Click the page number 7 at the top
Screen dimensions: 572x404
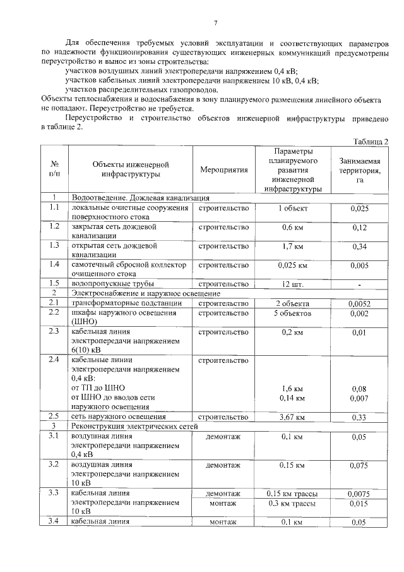point(215,23)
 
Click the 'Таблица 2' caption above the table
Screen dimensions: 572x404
point(371,141)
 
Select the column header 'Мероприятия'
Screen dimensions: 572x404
point(223,170)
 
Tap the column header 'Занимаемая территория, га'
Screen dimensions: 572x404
point(359,170)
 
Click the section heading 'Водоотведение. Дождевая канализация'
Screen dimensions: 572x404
point(140,198)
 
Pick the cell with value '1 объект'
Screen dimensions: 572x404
point(292,208)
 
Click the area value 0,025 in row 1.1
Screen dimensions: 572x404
point(359,208)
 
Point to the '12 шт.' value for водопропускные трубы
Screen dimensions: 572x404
point(292,284)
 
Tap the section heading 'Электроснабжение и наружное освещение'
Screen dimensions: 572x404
point(146,293)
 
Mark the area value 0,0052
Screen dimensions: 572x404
point(359,303)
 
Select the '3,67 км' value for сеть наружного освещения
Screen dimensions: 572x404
point(292,417)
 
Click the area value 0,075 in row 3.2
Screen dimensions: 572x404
point(359,466)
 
